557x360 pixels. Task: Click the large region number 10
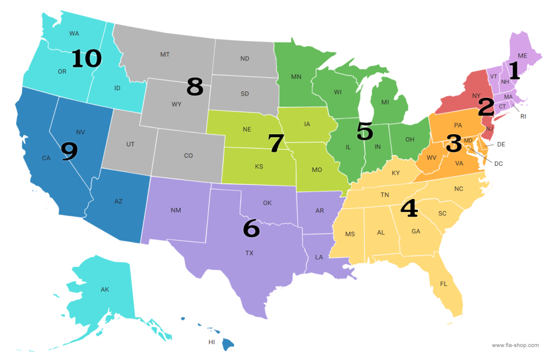coord(86,59)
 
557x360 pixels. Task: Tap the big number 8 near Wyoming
coord(195,87)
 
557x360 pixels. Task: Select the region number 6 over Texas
coord(251,229)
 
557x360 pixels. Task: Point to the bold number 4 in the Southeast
coord(409,208)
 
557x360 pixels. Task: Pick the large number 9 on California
coord(69,152)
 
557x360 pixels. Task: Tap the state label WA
coord(75,33)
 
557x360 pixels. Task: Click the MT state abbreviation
coord(165,54)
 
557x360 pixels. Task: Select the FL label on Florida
coord(444,283)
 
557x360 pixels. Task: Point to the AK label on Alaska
coord(104,289)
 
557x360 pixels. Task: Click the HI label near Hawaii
coord(212,342)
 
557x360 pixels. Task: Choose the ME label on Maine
coord(523,55)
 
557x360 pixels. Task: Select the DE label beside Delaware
coord(502,144)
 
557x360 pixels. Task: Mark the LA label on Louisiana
coord(319,257)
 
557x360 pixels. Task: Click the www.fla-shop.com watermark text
coord(515,345)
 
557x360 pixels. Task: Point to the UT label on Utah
coord(130,144)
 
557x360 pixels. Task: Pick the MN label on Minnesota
coord(296,77)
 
